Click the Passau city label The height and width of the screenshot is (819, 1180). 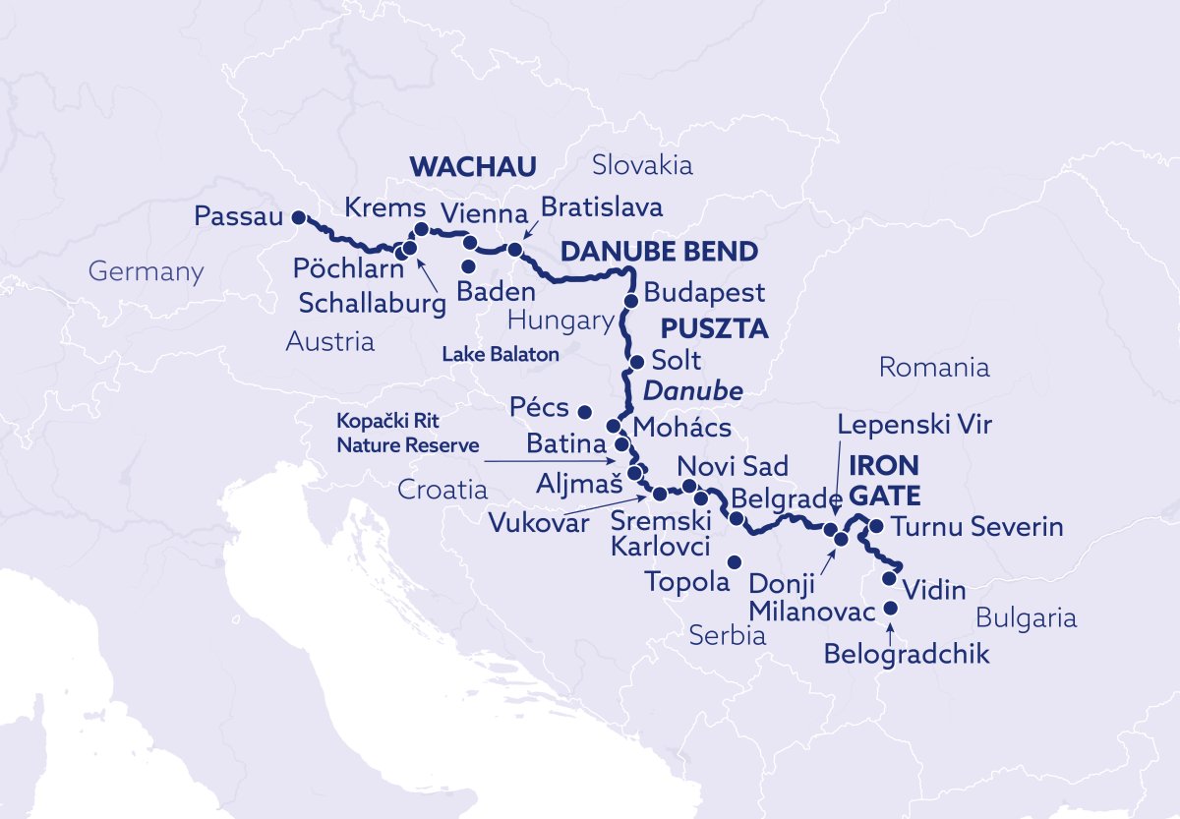[x=239, y=215]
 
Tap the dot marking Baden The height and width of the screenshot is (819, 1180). [x=469, y=266]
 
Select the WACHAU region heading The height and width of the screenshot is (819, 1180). [x=471, y=166]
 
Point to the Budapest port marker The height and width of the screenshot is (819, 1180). [x=632, y=299]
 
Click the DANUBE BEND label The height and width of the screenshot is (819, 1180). [x=659, y=253]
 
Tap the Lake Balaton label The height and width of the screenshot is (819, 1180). [x=501, y=353]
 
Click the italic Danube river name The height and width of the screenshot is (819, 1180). [x=692, y=391]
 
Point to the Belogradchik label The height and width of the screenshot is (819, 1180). [x=907, y=654]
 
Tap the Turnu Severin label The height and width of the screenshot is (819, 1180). [x=976, y=527]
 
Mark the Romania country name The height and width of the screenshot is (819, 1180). [x=933, y=368]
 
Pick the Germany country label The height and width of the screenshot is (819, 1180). [x=146, y=271]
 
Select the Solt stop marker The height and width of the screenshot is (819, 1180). [x=637, y=360]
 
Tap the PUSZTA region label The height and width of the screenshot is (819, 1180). [x=714, y=326]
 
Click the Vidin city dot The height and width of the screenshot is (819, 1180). [x=890, y=578]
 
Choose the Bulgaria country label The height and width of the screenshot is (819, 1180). [x=1026, y=617]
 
